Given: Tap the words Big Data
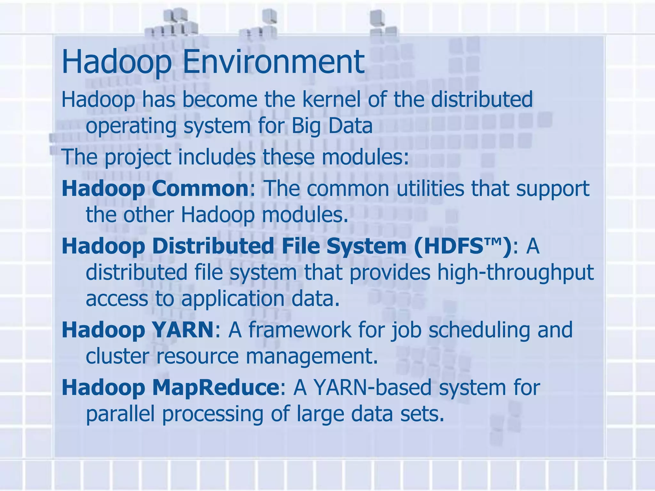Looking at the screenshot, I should (x=332, y=126).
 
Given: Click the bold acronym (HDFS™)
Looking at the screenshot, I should (x=462, y=246).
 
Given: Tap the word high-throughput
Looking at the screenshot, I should (x=515, y=273).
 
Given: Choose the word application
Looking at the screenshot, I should (x=233, y=298).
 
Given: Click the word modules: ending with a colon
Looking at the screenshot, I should (x=365, y=158).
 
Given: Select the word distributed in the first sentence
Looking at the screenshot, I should (x=482, y=99).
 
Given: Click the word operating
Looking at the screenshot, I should (x=131, y=126).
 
